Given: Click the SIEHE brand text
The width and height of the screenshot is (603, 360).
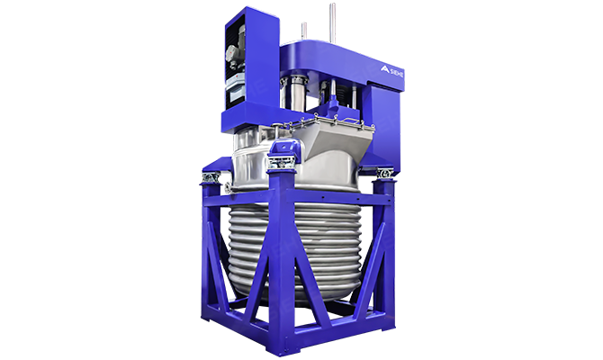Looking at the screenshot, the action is click(397, 73).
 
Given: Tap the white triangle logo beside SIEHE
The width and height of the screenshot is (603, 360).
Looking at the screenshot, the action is click(385, 68).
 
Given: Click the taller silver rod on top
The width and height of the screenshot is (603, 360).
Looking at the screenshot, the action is click(333, 23).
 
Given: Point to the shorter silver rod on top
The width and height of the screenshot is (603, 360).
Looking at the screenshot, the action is click(304, 31).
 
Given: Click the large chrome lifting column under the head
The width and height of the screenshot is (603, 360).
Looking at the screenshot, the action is click(297, 94).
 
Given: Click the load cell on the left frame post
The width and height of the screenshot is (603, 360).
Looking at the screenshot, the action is click(211, 177).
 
